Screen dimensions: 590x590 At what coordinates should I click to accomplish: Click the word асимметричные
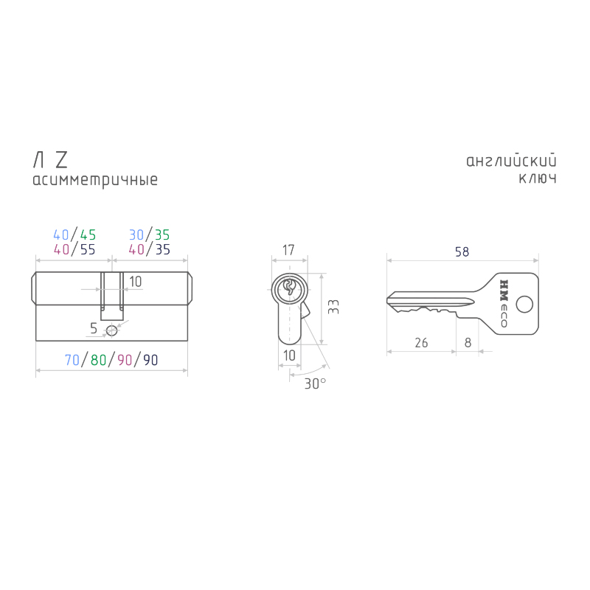[95, 180]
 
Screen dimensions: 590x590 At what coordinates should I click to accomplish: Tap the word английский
[511, 161]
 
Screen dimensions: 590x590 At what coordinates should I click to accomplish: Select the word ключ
[538, 178]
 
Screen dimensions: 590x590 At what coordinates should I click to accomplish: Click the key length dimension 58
[462, 251]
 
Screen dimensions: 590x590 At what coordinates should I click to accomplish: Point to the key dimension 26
[421, 342]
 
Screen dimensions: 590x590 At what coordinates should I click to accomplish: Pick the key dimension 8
[468, 342]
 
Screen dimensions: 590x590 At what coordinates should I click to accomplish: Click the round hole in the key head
[524, 305]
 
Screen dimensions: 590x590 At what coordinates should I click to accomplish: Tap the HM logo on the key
[504, 290]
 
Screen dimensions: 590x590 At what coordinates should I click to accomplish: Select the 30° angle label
[315, 383]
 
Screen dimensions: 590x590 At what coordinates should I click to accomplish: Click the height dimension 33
[334, 307]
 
